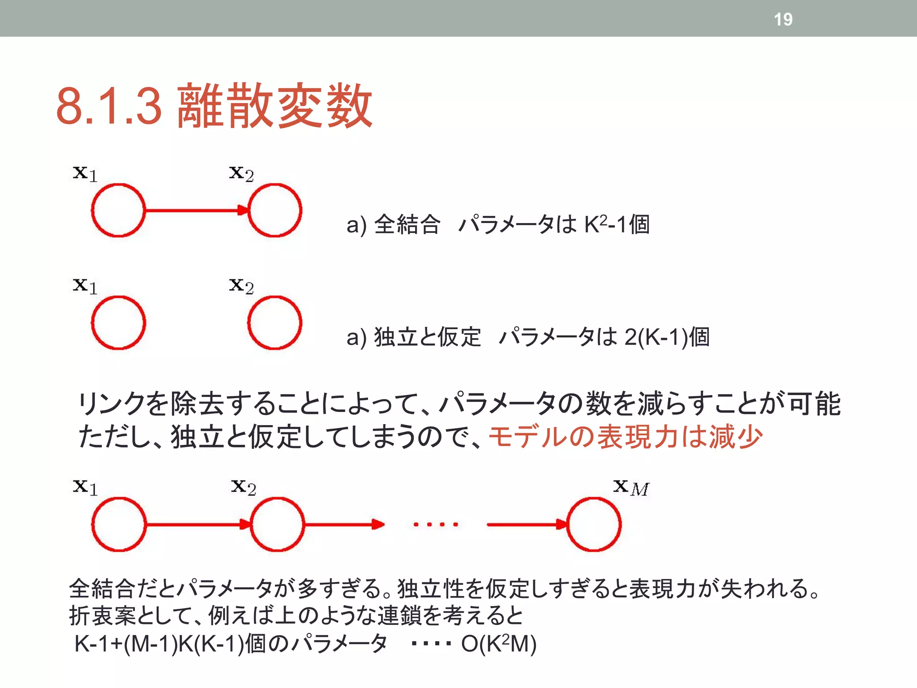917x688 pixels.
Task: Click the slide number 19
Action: pyautogui.click(x=783, y=19)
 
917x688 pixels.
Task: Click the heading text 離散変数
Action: pyautogui.click(x=274, y=106)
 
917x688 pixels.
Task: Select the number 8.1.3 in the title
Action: pyautogui.click(x=109, y=106)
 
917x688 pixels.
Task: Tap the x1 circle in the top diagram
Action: pyautogui.click(x=118, y=210)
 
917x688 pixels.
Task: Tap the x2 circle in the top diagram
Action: pyautogui.click(x=274, y=210)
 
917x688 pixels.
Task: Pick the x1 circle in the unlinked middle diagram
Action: pyautogui.click(x=118, y=322)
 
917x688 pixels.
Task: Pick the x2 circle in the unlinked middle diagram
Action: pyautogui.click(x=274, y=322)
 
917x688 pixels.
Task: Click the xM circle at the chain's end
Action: pyautogui.click(x=594, y=524)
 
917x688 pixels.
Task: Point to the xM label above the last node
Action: pyautogui.click(x=631, y=487)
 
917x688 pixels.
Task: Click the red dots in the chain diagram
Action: pyautogui.click(x=436, y=524)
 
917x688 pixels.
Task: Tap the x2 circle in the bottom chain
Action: pyautogui.click(x=277, y=524)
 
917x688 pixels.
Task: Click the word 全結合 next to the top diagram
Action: pyautogui.click(x=407, y=224)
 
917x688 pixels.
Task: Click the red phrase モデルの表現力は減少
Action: pyautogui.click(x=625, y=437)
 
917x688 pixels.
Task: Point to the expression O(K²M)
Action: pyautogui.click(x=499, y=644)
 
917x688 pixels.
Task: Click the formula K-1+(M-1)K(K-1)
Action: pyautogui.click(x=159, y=644)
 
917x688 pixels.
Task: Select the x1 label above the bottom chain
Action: pyautogui.click(x=85, y=487)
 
